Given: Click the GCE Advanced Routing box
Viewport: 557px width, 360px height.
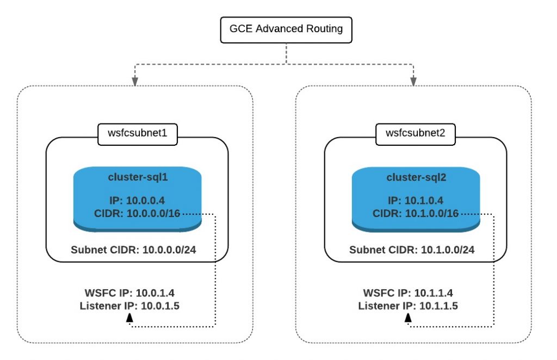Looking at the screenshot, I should pyautogui.click(x=286, y=29).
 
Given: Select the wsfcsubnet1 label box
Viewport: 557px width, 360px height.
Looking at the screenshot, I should pyautogui.click(x=138, y=134).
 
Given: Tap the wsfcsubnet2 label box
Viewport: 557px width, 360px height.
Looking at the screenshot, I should pyautogui.click(x=416, y=134).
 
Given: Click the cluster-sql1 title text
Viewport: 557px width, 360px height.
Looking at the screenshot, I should pyautogui.click(x=138, y=177).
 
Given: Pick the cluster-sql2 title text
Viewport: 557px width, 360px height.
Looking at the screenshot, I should pyautogui.click(x=416, y=177).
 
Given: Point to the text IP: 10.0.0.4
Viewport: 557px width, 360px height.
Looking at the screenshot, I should pyautogui.click(x=138, y=200).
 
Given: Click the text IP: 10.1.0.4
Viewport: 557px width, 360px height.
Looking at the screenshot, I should pyautogui.click(x=416, y=200).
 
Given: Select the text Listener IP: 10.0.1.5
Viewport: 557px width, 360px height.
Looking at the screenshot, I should pyautogui.click(x=129, y=306).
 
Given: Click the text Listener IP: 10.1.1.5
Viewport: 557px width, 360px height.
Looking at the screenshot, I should pyautogui.click(x=408, y=306).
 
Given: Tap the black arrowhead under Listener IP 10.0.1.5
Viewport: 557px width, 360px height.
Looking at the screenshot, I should pyautogui.click(x=129, y=319).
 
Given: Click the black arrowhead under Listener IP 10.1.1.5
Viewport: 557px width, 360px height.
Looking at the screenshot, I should pyautogui.click(x=408, y=319).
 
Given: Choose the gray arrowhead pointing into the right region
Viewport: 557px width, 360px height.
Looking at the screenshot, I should pyautogui.click(x=413, y=81).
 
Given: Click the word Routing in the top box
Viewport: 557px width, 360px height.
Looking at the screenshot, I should pyautogui.click(x=323, y=29).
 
